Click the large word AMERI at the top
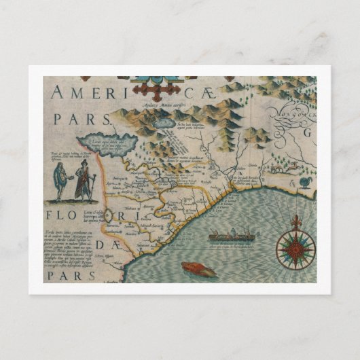84,93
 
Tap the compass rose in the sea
295,249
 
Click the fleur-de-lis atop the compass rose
295,222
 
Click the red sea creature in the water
198,270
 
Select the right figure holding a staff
84,183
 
